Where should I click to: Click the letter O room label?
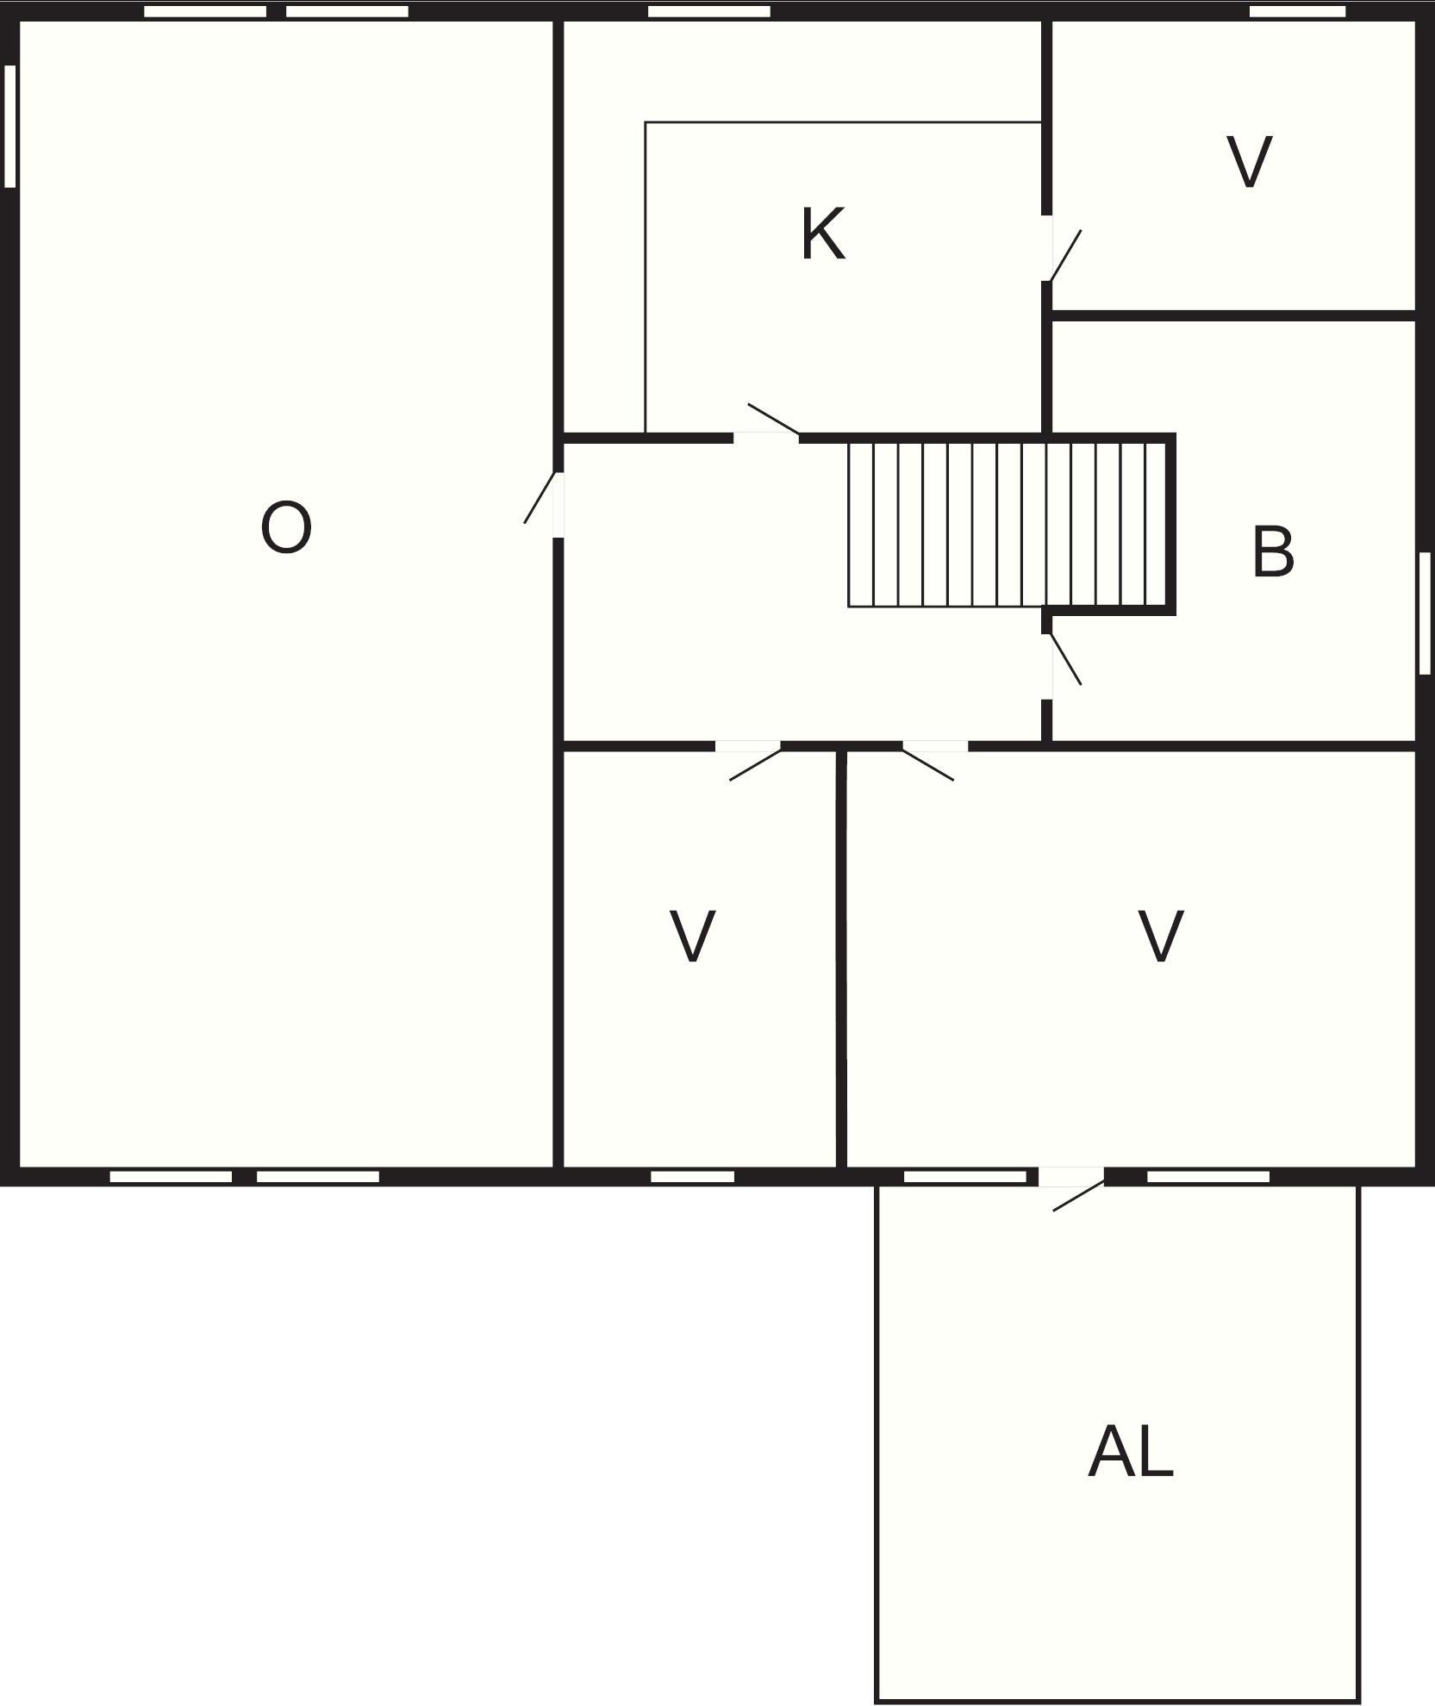click(x=285, y=528)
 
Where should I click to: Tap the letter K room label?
click(x=823, y=233)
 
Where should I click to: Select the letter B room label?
click(x=1272, y=551)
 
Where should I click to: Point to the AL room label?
click(x=1130, y=1452)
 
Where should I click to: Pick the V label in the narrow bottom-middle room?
click(x=692, y=936)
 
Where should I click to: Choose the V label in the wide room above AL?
click(x=1161, y=936)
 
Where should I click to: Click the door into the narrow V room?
click(x=749, y=761)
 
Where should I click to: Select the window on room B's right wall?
click(x=1425, y=613)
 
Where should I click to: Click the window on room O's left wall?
click(x=10, y=126)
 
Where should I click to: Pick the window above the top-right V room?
click(x=1297, y=11)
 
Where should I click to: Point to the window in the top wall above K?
click(x=708, y=11)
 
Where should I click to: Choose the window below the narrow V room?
click(x=692, y=1176)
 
